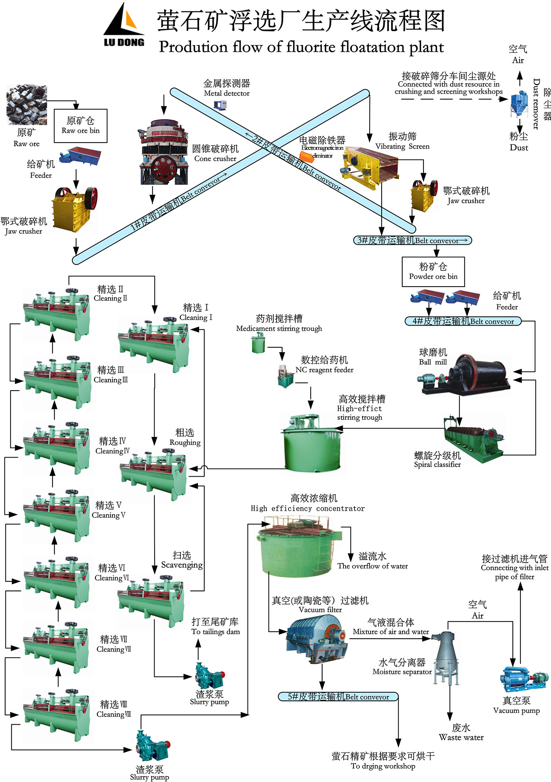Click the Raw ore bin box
[x=80, y=126]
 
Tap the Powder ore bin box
[x=433, y=272]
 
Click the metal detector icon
[x=220, y=105]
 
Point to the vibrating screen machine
[x=369, y=167]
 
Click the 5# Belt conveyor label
[x=338, y=696]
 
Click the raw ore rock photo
[x=26, y=105]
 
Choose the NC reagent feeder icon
[x=284, y=376]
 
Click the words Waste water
[x=461, y=738]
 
